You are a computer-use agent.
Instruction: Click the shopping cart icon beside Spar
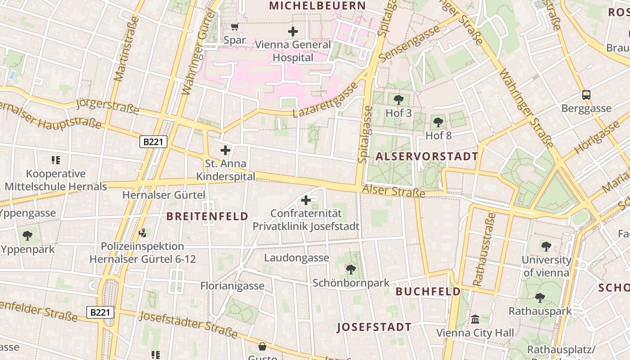tap(234, 27)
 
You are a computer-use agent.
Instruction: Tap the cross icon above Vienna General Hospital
tap(293, 31)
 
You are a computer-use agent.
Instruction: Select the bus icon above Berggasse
tap(586, 95)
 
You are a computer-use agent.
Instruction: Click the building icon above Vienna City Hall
tap(475, 319)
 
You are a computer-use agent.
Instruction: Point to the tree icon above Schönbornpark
tap(351, 270)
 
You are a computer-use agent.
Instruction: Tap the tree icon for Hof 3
tap(398, 100)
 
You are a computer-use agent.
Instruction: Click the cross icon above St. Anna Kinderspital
tap(225, 150)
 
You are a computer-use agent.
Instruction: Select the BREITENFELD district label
tap(207, 216)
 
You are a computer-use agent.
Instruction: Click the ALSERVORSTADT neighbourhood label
tap(427, 157)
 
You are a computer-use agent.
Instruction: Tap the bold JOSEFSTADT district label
tap(374, 327)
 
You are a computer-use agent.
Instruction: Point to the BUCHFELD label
tap(428, 292)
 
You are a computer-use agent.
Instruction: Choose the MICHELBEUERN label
tap(317, 6)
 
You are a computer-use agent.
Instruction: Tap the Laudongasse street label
tap(296, 258)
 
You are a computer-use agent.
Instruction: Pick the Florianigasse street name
tap(232, 286)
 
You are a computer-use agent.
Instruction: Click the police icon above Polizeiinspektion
tap(143, 233)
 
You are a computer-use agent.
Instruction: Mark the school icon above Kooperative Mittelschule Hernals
tap(56, 160)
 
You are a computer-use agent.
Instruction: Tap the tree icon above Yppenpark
tap(27, 235)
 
